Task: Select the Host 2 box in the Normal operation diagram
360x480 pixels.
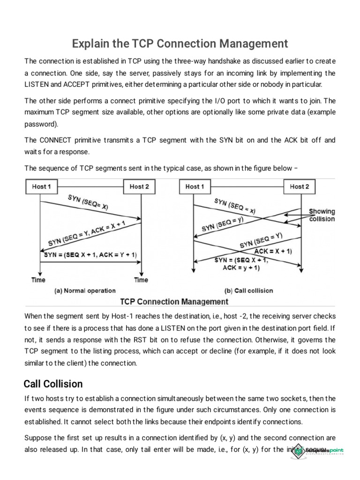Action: point(139,187)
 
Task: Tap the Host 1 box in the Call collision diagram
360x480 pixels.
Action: point(194,187)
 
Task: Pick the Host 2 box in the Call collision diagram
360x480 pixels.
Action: point(300,187)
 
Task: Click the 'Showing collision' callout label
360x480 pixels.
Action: point(322,215)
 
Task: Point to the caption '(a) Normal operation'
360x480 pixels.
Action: point(85,291)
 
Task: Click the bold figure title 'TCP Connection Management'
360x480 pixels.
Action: point(174,301)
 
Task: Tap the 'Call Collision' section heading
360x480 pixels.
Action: point(53,384)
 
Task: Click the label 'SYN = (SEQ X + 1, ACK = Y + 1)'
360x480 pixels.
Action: point(90,255)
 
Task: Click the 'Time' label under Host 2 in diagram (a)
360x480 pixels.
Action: point(141,280)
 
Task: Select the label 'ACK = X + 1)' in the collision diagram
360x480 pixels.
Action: point(273,251)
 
